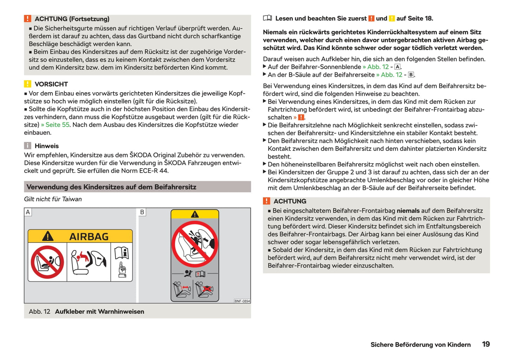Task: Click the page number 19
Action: (x=486, y=344)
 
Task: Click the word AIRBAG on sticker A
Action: (x=89, y=237)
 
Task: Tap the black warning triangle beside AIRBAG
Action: (x=48, y=236)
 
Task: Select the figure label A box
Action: (x=28, y=212)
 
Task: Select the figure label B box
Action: (x=142, y=212)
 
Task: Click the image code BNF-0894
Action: (x=242, y=301)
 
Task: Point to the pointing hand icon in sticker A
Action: (x=122, y=270)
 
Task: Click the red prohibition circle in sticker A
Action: (x=47, y=262)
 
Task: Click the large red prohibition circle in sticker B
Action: (x=195, y=244)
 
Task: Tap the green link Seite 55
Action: (x=58, y=125)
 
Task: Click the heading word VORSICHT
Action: (x=51, y=84)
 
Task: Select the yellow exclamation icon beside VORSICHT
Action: (x=28, y=84)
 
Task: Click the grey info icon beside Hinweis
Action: (x=28, y=146)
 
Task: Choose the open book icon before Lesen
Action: (x=267, y=18)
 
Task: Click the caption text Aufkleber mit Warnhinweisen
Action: (x=99, y=312)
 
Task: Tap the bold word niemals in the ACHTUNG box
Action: (x=408, y=211)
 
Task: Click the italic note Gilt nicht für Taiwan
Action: (x=53, y=199)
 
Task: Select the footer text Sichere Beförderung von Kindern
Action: (x=420, y=345)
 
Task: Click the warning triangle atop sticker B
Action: (x=195, y=214)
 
